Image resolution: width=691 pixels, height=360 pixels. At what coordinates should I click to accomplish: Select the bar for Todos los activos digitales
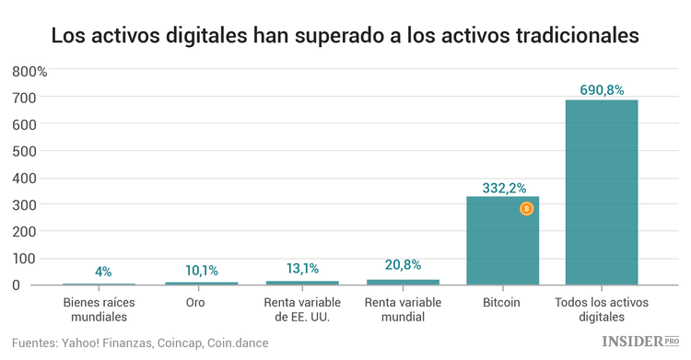tap(602, 192)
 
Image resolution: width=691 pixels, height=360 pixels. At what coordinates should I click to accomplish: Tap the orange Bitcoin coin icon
tap(527, 209)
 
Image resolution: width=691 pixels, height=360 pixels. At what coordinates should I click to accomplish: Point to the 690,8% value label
tap(602, 89)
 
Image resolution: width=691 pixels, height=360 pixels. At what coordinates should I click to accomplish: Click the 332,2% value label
tap(503, 187)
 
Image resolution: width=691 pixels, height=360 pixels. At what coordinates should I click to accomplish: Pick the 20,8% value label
tap(403, 265)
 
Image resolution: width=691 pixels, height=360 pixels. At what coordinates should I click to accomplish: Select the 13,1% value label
tap(302, 269)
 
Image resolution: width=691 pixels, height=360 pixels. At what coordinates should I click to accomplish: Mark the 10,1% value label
tap(202, 270)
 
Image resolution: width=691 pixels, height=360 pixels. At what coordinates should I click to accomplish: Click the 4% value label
tap(103, 272)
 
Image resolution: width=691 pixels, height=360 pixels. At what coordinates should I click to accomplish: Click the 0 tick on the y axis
tap(41, 285)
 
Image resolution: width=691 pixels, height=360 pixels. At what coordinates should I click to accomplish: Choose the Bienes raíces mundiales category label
tap(95, 309)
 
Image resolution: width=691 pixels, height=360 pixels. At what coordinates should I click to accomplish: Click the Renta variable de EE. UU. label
tap(302, 309)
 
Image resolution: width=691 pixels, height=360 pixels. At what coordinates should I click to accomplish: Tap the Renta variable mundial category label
tap(403, 309)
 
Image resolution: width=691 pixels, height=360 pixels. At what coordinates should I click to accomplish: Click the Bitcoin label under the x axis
tap(502, 302)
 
